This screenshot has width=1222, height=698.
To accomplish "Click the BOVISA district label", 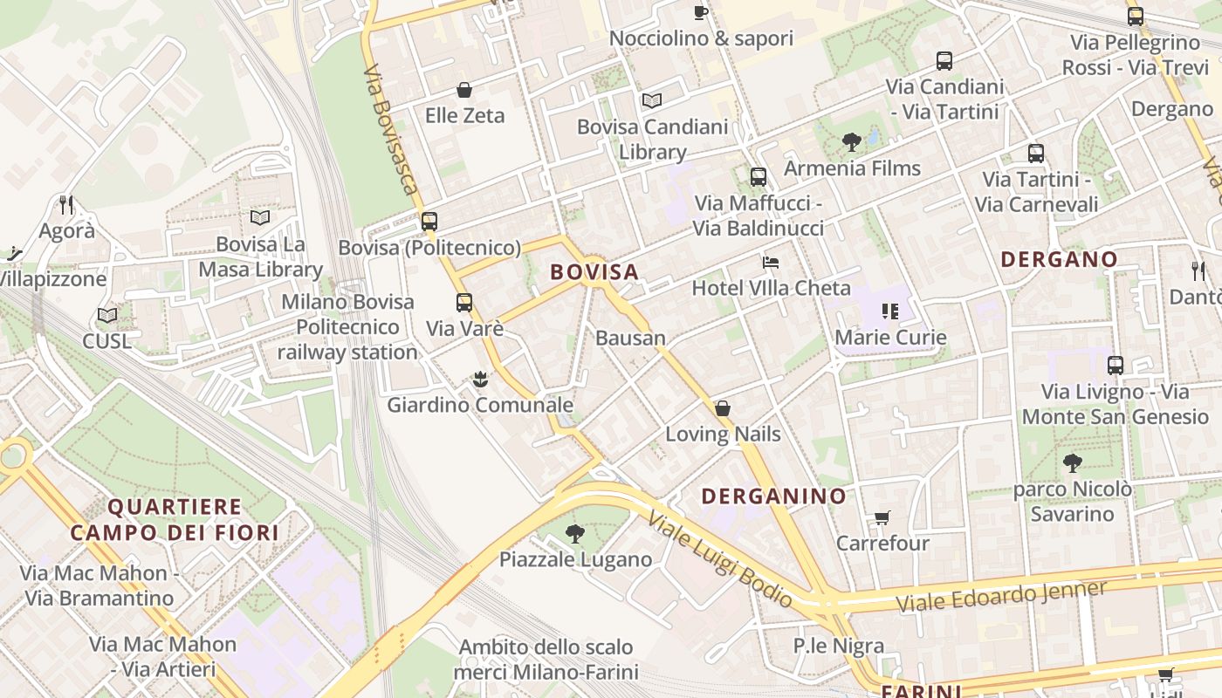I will coord(594,272).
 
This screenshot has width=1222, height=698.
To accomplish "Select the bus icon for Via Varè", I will coord(464,303).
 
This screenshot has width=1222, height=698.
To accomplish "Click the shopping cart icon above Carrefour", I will coord(882,517).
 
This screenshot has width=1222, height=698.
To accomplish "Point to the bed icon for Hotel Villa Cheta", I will coord(771,262).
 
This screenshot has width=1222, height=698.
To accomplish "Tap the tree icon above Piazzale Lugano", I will coord(574,533).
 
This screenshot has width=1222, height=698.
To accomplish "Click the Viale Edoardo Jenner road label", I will coord(1000,597).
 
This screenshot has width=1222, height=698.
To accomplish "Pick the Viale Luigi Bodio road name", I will coord(719,558).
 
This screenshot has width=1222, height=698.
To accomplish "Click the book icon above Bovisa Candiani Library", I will coord(652,100).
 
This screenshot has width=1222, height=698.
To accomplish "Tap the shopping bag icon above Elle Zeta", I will coord(464,90).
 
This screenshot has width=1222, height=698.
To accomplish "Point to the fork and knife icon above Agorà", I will coord(66,205).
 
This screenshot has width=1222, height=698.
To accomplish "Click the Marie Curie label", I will coord(890,337).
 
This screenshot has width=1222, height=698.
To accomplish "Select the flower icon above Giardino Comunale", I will coord(479,380).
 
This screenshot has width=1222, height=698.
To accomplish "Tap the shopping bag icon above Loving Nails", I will coord(723,408).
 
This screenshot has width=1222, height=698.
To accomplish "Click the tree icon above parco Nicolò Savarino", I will coord(1072,463).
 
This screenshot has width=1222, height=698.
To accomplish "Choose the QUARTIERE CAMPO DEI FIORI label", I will coord(175,519).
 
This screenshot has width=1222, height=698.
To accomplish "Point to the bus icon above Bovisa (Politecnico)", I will coord(429,222).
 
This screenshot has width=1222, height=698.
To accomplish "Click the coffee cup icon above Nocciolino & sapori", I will coord(701,12).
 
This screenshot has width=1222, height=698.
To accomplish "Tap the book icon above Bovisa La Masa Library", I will coord(260,217).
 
